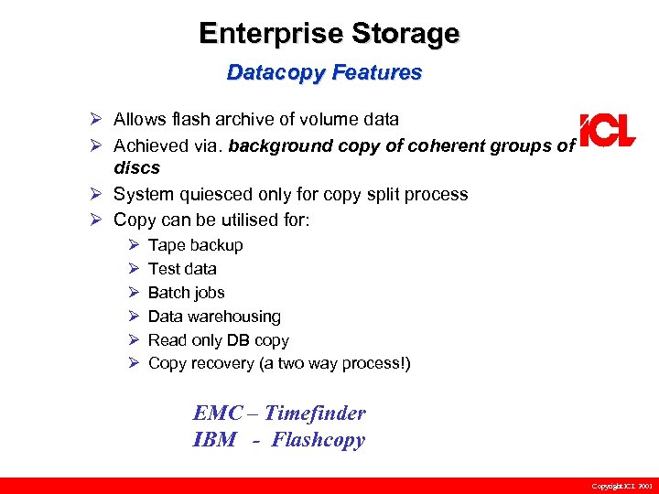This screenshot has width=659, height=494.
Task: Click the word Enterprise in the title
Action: click(272, 34)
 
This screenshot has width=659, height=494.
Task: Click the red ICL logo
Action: click(607, 130)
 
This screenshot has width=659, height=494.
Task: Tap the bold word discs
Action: click(136, 167)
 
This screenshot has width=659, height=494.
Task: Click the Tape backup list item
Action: click(195, 245)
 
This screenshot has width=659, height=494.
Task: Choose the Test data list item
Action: click(182, 269)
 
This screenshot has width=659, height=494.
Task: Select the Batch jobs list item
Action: click(186, 293)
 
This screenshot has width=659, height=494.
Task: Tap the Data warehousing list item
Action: click(214, 317)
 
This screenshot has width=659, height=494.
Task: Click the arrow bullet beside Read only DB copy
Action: click(133, 340)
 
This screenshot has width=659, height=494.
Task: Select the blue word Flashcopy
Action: click(318, 440)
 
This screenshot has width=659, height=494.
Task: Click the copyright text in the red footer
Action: click(621, 486)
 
